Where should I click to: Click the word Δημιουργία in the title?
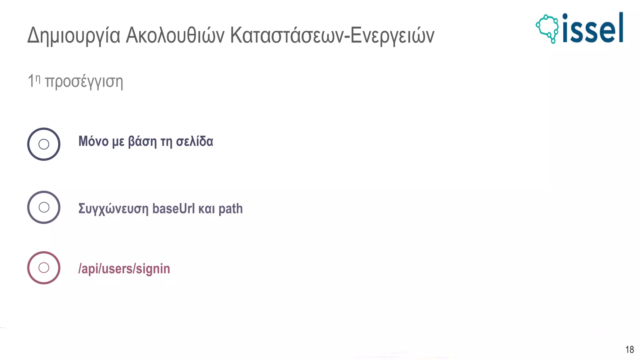(x=74, y=36)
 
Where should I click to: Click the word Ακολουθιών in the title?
(x=175, y=35)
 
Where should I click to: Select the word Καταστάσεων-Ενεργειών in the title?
(x=332, y=35)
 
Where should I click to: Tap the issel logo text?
(x=592, y=29)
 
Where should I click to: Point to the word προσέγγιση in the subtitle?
(x=84, y=82)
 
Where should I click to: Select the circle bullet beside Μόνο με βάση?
(x=44, y=144)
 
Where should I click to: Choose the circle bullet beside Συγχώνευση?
(x=44, y=207)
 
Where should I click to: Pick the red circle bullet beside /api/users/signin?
(x=44, y=268)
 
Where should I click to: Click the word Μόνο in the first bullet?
(x=93, y=141)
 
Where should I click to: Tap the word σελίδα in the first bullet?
(x=194, y=141)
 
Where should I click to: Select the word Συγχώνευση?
(x=113, y=209)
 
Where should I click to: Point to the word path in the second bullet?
(x=230, y=209)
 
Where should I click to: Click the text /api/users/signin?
(x=124, y=269)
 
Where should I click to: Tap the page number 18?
(x=629, y=349)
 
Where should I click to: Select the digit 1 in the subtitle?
(x=31, y=81)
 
